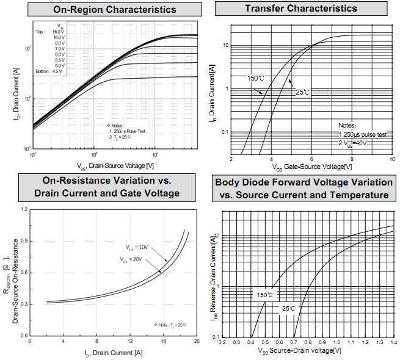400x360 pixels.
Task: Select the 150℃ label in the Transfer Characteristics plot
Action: click(x=255, y=79)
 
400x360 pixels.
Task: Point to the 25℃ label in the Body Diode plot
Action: click(x=288, y=308)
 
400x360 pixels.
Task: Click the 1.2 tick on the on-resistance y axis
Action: click(x=25, y=209)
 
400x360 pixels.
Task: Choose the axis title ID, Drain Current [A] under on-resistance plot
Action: click(x=114, y=352)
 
